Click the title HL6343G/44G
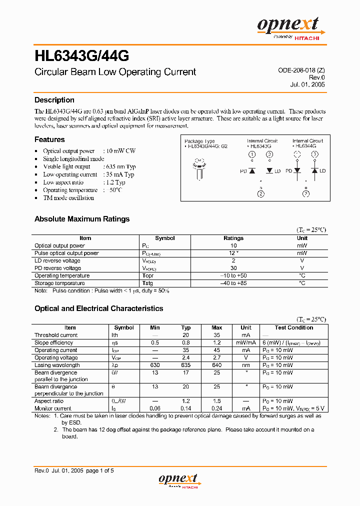tap(82, 54)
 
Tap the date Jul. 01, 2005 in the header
tap(307, 84)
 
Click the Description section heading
tap(54, 100)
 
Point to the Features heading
tap(49, 139)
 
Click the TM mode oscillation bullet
tap(68, 198)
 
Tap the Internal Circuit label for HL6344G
tap(307, 141)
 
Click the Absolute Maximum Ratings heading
tap(82, 219)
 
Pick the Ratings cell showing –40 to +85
tap(233, 283)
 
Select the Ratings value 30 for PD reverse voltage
tap(233, 268)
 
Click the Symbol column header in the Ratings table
tap(165, 238)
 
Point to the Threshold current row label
tap(56, 335)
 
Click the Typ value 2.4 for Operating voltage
tap(186, 357)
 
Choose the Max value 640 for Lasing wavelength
tap(217, 365)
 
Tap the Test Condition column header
tap(294, 327)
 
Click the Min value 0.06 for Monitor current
tap(155, 408)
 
